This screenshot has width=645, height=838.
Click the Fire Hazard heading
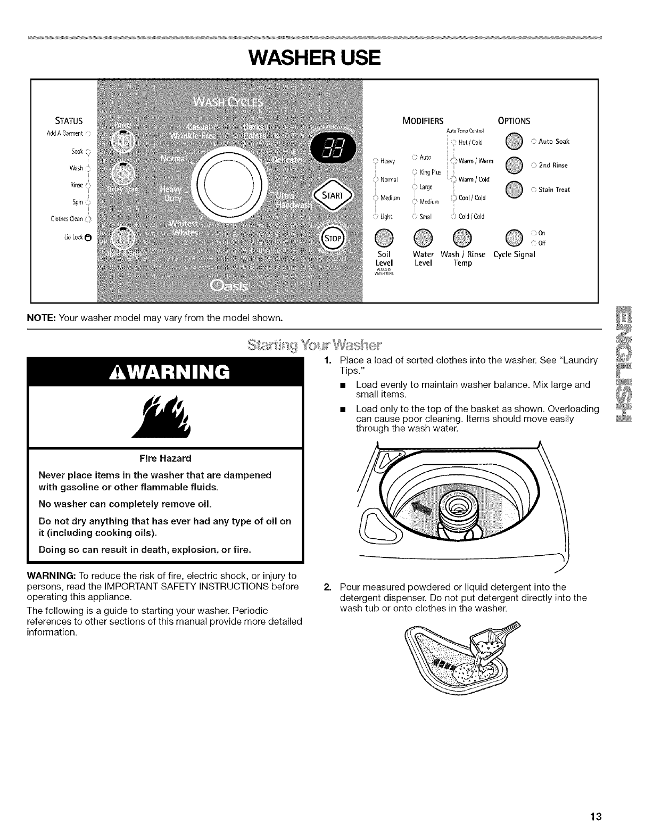165,458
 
